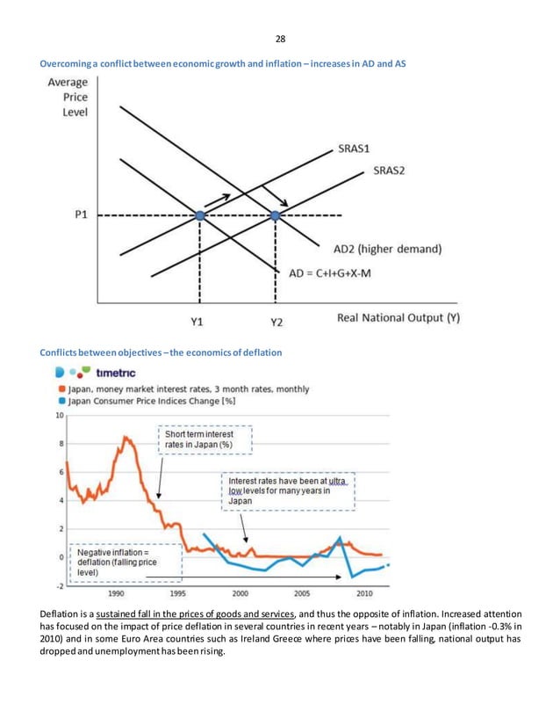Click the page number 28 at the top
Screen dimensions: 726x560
[x=280, y=39]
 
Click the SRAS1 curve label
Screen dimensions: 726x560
[x=359, y=149]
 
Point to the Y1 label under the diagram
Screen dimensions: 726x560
[x=198, y=322]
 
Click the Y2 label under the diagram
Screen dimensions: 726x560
[x=276, y=322]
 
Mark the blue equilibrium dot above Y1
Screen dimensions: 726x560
[x=200, y=215]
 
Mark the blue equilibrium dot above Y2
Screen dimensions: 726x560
[x=276, y=215]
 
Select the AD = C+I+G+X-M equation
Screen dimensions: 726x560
[x=330, y=272]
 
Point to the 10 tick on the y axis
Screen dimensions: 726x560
[x=59, y=414]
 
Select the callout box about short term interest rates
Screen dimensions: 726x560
[x=204, y=439]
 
